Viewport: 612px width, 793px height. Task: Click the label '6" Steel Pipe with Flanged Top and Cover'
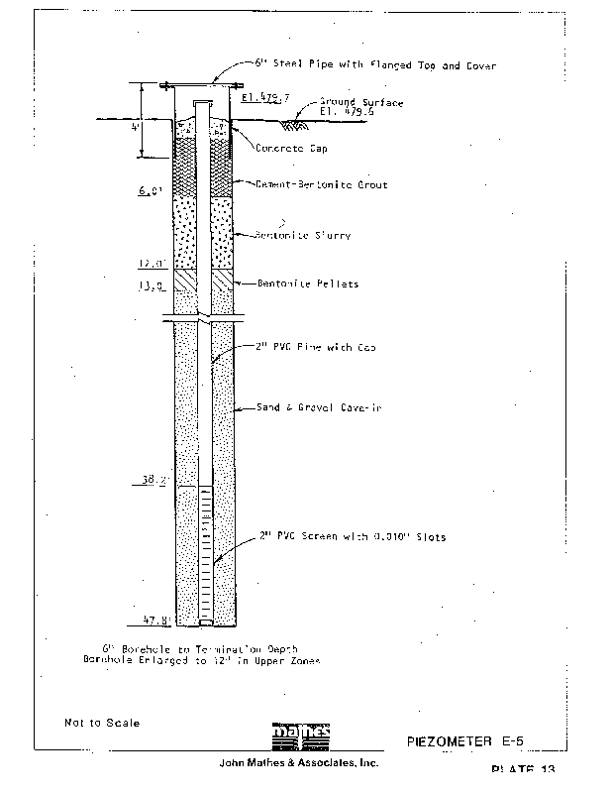[x=374, y=64]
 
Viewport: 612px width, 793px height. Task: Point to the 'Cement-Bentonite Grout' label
[x=321, y=185]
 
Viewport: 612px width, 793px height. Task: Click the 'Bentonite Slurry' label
[x=303, y=236]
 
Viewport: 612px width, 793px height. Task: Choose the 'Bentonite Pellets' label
[x=307, y=283]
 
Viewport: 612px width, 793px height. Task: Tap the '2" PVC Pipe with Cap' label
[x=310, y=348]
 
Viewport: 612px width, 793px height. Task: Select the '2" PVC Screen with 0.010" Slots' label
[x=353, y=537]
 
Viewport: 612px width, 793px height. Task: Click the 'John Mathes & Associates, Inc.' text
[x=298, y=764]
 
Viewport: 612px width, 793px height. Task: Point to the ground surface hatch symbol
[x=294, y=124]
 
